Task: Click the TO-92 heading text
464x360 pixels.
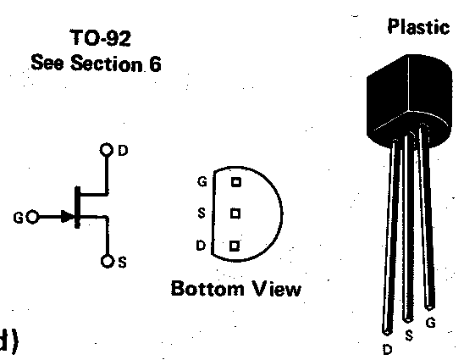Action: coord(101,37)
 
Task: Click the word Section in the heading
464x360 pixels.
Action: coord(107,63)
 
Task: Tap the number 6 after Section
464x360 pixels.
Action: coord(155,64)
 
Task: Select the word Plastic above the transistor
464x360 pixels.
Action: coord(419,26)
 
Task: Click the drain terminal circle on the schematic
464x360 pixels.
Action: coord(107,150)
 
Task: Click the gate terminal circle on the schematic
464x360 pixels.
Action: coord(32,217)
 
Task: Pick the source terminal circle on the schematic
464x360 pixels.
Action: coord(108,261)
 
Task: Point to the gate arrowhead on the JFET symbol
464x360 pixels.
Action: coord(68,216)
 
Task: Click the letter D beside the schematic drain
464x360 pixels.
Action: coord(123,151)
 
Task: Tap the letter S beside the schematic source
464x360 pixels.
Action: coord(123,262)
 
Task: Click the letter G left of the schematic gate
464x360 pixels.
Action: coord(18,219)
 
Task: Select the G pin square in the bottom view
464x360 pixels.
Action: coord(236,182)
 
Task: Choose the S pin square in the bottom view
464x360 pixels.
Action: coord(235,213)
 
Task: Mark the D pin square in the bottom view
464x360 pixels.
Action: coord(235,246)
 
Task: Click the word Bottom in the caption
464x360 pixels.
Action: coord(207,288)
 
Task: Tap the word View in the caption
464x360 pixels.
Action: coord(277,289)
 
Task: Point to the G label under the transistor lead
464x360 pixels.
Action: coord(431,323)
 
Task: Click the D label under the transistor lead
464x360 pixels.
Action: coord(387,350)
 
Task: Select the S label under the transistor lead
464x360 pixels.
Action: coord(409,335)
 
